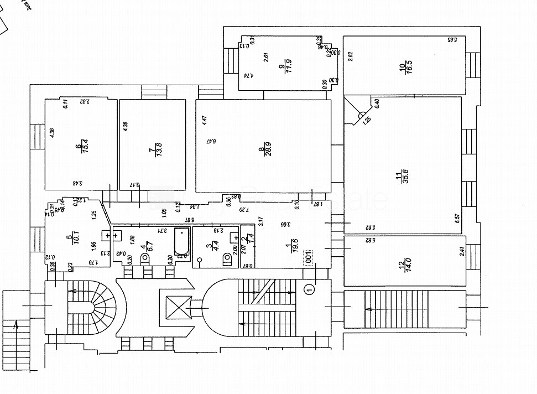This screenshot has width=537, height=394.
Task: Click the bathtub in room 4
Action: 181,243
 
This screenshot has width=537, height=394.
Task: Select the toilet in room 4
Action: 148,259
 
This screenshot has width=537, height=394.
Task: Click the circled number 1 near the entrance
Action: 309,288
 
